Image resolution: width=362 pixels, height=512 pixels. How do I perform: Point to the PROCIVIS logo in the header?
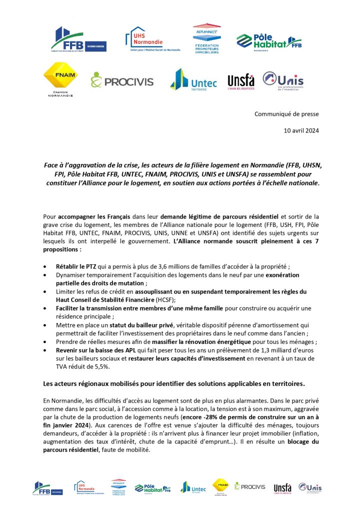(x=121, y=80)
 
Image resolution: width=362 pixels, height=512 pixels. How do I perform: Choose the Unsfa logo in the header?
(x=240, y=81)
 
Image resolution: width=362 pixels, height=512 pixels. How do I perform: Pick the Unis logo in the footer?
(x=310, y=487)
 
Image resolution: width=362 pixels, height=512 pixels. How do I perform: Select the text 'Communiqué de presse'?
(x=286, y=114)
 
